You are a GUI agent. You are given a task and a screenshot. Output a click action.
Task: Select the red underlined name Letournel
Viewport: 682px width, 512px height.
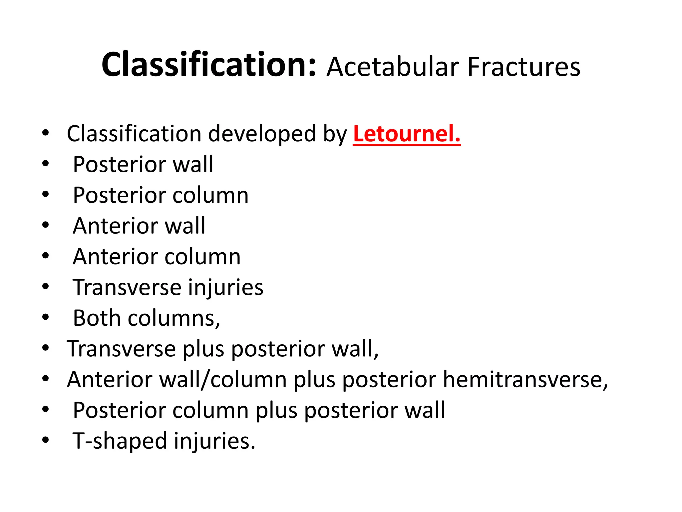[x=407, y=134]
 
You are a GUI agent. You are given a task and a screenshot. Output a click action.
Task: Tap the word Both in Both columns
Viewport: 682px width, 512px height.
[x=97, y=318]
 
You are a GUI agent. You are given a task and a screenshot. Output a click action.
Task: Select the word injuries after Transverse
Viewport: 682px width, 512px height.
[x=225, y=287]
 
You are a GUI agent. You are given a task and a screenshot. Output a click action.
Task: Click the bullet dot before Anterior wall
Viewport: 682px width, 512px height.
[x=46, y=225]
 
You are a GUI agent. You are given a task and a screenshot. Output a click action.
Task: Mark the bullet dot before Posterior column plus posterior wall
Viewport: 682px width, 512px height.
[x=46, y=409]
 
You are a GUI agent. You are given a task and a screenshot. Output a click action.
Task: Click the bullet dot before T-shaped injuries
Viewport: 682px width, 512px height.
[x=46, y=440]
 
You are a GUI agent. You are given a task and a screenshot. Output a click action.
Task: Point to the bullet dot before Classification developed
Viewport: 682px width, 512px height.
[x=46, y=133]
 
